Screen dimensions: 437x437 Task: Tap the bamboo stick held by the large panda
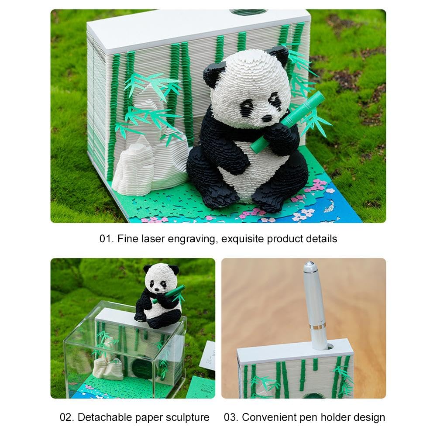[x=288, y=122]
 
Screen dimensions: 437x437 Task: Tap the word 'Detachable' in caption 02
[x=101, y=417]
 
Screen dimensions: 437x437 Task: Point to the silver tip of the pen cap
[x=309, y=265]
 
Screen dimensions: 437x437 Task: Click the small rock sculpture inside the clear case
[x=106, y=360]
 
